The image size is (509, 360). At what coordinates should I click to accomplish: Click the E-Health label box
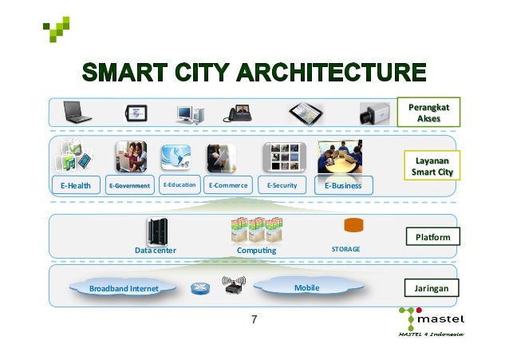(x=77, y=186)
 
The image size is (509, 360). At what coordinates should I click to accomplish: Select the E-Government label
(x=129, y=186)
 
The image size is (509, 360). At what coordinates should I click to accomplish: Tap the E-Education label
(x=179, y=185)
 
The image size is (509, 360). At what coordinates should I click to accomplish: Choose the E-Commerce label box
(x=227, y=186)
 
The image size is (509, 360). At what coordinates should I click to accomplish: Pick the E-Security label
(x=282, y=186)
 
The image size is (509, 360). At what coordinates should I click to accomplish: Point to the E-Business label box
(x=343, y=186)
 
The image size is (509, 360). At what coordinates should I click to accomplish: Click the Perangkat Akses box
(x=428, y=113)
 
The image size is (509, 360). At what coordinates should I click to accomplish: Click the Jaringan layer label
(x=432, y=287)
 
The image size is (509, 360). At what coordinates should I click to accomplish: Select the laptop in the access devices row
(x=78, y=110)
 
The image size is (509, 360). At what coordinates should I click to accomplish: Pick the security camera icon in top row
(x=373, y=112)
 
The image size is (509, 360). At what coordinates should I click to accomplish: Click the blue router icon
(x=199, y=289)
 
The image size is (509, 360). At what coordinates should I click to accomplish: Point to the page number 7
(x=254, y=320)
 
